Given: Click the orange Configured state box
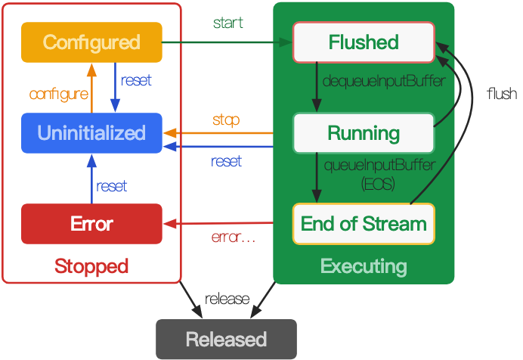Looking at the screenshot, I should click(91, 42).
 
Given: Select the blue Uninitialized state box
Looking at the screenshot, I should click(91, 133).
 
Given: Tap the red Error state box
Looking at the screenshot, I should click(91, 224).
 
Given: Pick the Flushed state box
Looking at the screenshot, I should click(364, 42).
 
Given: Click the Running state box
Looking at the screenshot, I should click(364, 133).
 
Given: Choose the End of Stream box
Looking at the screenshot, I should click(364, 224).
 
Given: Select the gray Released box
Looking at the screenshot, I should click(226, 339).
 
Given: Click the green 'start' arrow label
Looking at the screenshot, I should click(227, 23).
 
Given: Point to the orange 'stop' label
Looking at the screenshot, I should click(226, 120).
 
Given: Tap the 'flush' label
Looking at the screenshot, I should click(502, 94).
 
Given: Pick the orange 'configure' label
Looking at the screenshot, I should click(59, 95).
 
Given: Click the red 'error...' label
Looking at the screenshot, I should click(233, 237).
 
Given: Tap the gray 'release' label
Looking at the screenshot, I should click(227, 298).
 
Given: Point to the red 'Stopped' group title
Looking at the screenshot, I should click(91, 266).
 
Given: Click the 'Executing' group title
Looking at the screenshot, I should click(364, 266).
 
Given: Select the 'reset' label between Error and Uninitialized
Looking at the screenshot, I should click(112, 186).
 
